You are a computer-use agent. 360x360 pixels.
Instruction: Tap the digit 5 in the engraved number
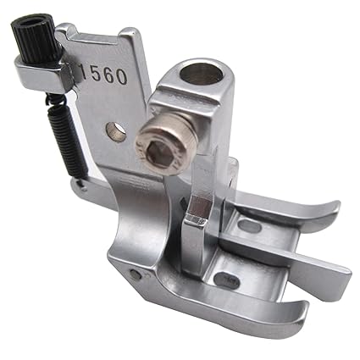(x=96, y=76)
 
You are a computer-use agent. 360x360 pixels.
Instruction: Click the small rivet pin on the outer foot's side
(x=136, y=273)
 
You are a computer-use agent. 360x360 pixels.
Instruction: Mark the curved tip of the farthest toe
(x=330, y=209)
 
